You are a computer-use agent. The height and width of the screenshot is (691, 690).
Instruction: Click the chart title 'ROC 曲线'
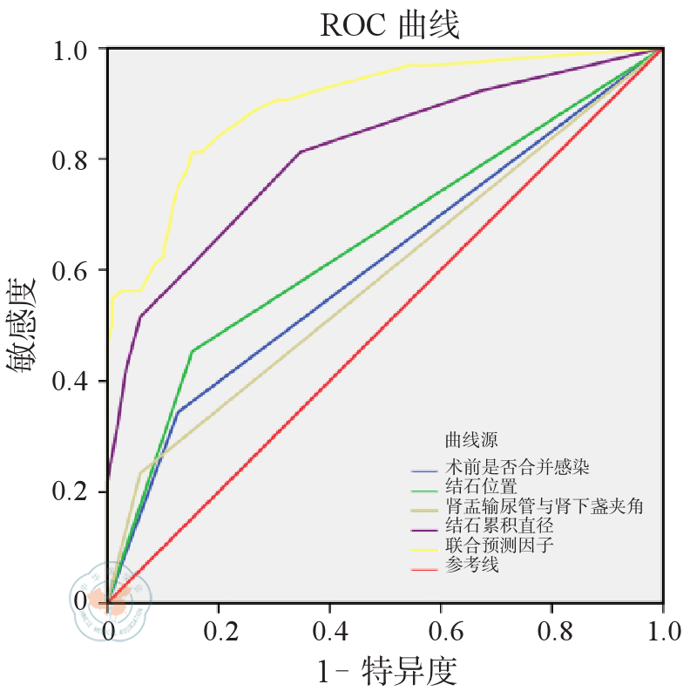[389, 26]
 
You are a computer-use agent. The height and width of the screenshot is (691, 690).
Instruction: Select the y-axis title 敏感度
[24, 326]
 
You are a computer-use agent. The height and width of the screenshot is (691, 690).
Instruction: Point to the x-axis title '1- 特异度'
[386, 672]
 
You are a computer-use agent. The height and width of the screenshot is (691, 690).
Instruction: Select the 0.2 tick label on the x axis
[220, 628]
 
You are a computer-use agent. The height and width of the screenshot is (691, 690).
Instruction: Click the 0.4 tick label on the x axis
[330, 628]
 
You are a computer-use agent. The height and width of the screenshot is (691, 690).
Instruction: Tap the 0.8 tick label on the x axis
[551, 628]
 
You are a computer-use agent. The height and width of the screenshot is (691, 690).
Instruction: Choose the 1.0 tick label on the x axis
[661, 628]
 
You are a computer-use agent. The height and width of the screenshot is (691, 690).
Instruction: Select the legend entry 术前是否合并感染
[517, 467]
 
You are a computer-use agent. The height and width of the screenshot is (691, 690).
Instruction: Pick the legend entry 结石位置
[481, 486]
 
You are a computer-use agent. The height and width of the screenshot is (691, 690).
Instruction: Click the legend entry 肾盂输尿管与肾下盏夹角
[544, 506]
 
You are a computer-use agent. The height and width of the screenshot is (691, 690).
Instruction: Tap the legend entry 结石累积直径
[498, 526]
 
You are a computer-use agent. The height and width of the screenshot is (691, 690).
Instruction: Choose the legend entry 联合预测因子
[498, 546]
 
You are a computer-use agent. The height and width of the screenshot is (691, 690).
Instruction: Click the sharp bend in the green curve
[192, 350]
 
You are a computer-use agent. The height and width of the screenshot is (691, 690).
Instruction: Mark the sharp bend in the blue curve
[178, 411]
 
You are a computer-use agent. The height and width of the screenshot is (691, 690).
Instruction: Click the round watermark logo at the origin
[111, 597]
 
